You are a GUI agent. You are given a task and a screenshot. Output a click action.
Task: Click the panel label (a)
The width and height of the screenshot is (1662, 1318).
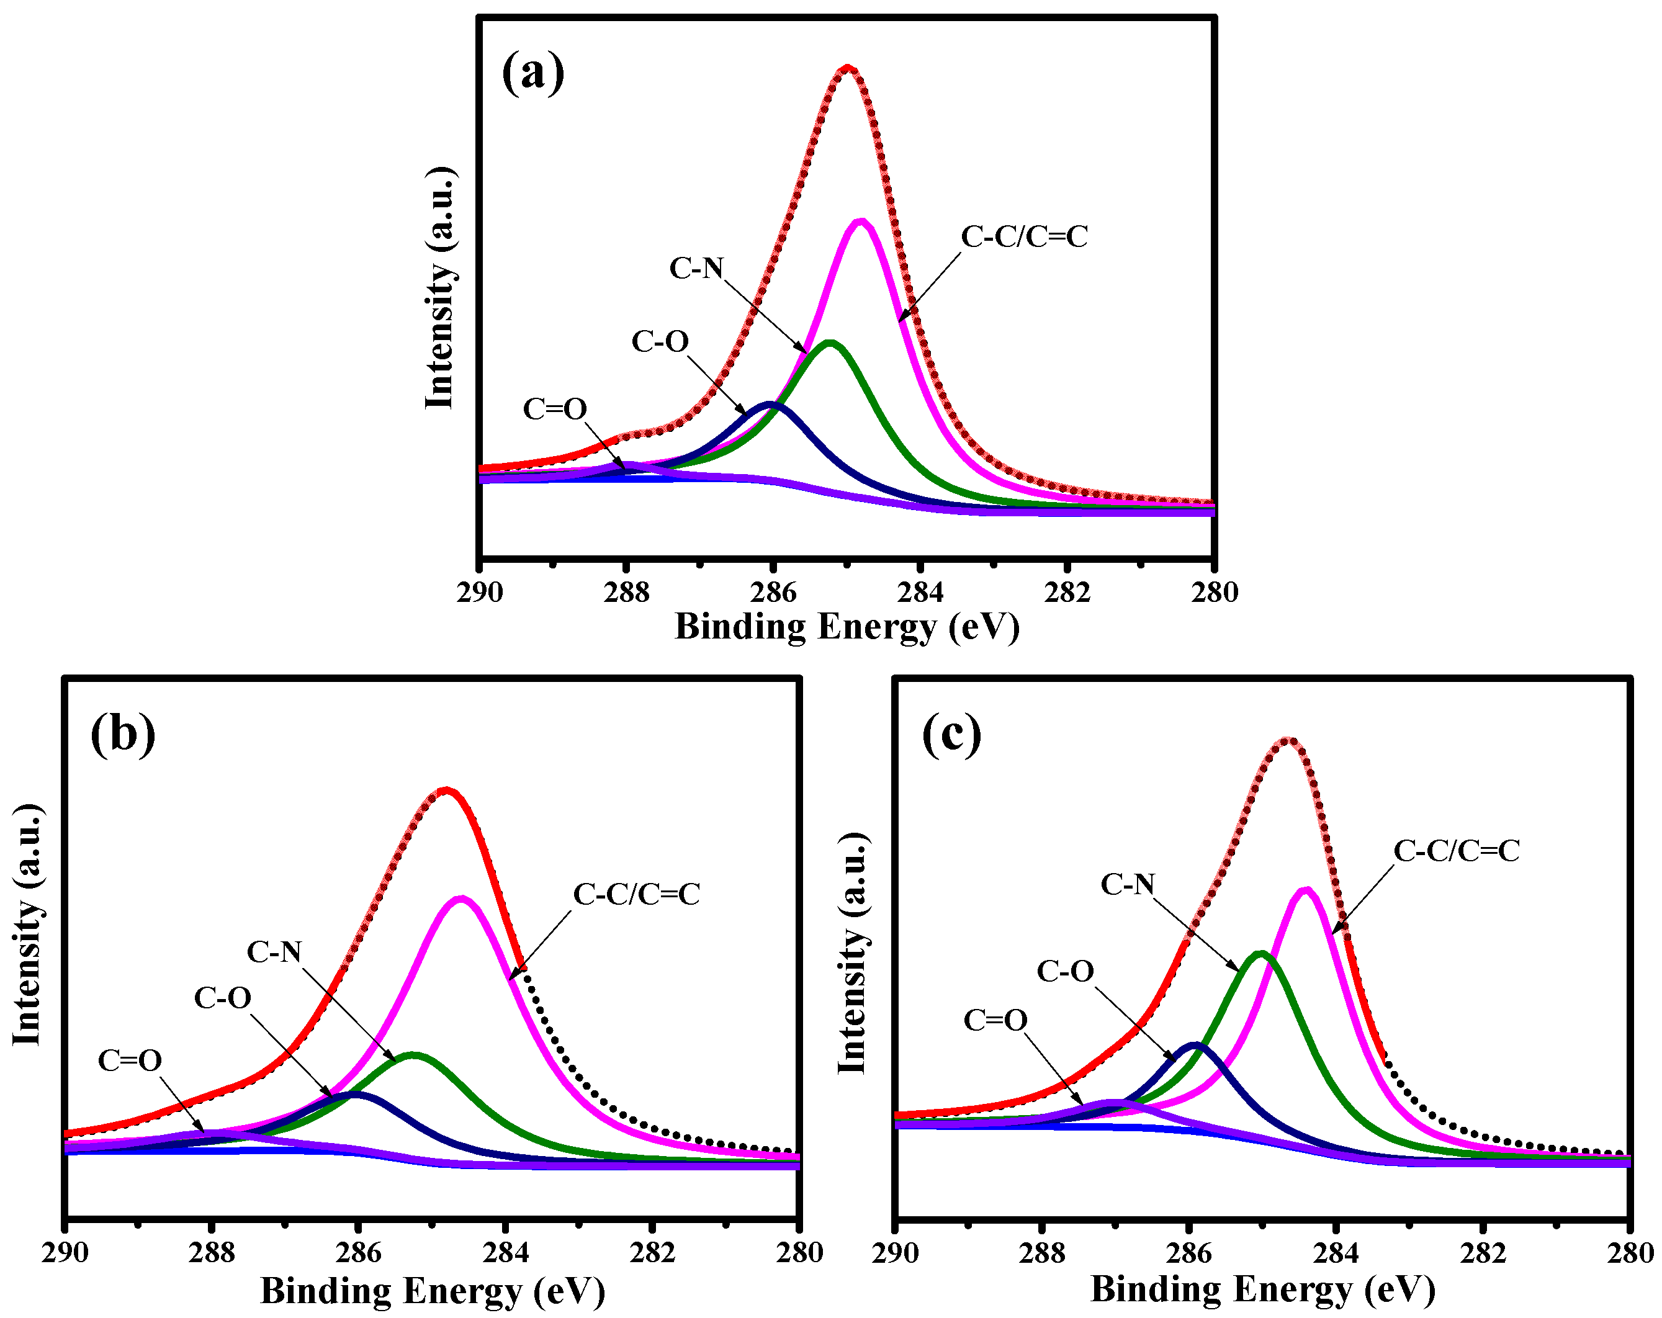tap(532, 74)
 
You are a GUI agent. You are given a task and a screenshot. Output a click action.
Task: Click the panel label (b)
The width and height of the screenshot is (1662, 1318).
tap(122, 735)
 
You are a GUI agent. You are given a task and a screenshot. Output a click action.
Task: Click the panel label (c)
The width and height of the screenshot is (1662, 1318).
tap(951, 735)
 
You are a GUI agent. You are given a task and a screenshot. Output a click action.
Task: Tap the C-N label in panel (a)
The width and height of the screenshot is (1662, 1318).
tap(696, 268)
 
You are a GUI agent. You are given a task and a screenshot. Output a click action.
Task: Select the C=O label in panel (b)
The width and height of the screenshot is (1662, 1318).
tap(130, 1060)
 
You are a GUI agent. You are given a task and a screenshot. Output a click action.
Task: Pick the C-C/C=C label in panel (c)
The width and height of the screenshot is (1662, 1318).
tap(1456, 851)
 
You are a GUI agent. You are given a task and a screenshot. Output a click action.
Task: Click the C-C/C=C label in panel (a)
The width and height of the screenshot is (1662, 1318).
tap(1024, 236)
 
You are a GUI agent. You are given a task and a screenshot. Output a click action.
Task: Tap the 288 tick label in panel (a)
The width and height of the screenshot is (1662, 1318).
tap(627, 593)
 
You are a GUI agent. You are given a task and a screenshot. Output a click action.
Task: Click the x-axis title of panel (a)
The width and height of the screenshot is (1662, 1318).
tap(847, 627)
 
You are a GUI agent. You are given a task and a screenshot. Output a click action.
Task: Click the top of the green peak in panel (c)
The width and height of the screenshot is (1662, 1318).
tap(1260, 953)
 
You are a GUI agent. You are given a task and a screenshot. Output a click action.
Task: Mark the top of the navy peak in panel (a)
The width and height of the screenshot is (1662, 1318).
tap(771, 404)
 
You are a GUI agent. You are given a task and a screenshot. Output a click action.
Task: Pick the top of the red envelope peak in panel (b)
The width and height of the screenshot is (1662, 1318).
tap(446, 790)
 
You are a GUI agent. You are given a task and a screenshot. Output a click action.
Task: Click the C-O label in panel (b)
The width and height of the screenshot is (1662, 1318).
tap(222, 998)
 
